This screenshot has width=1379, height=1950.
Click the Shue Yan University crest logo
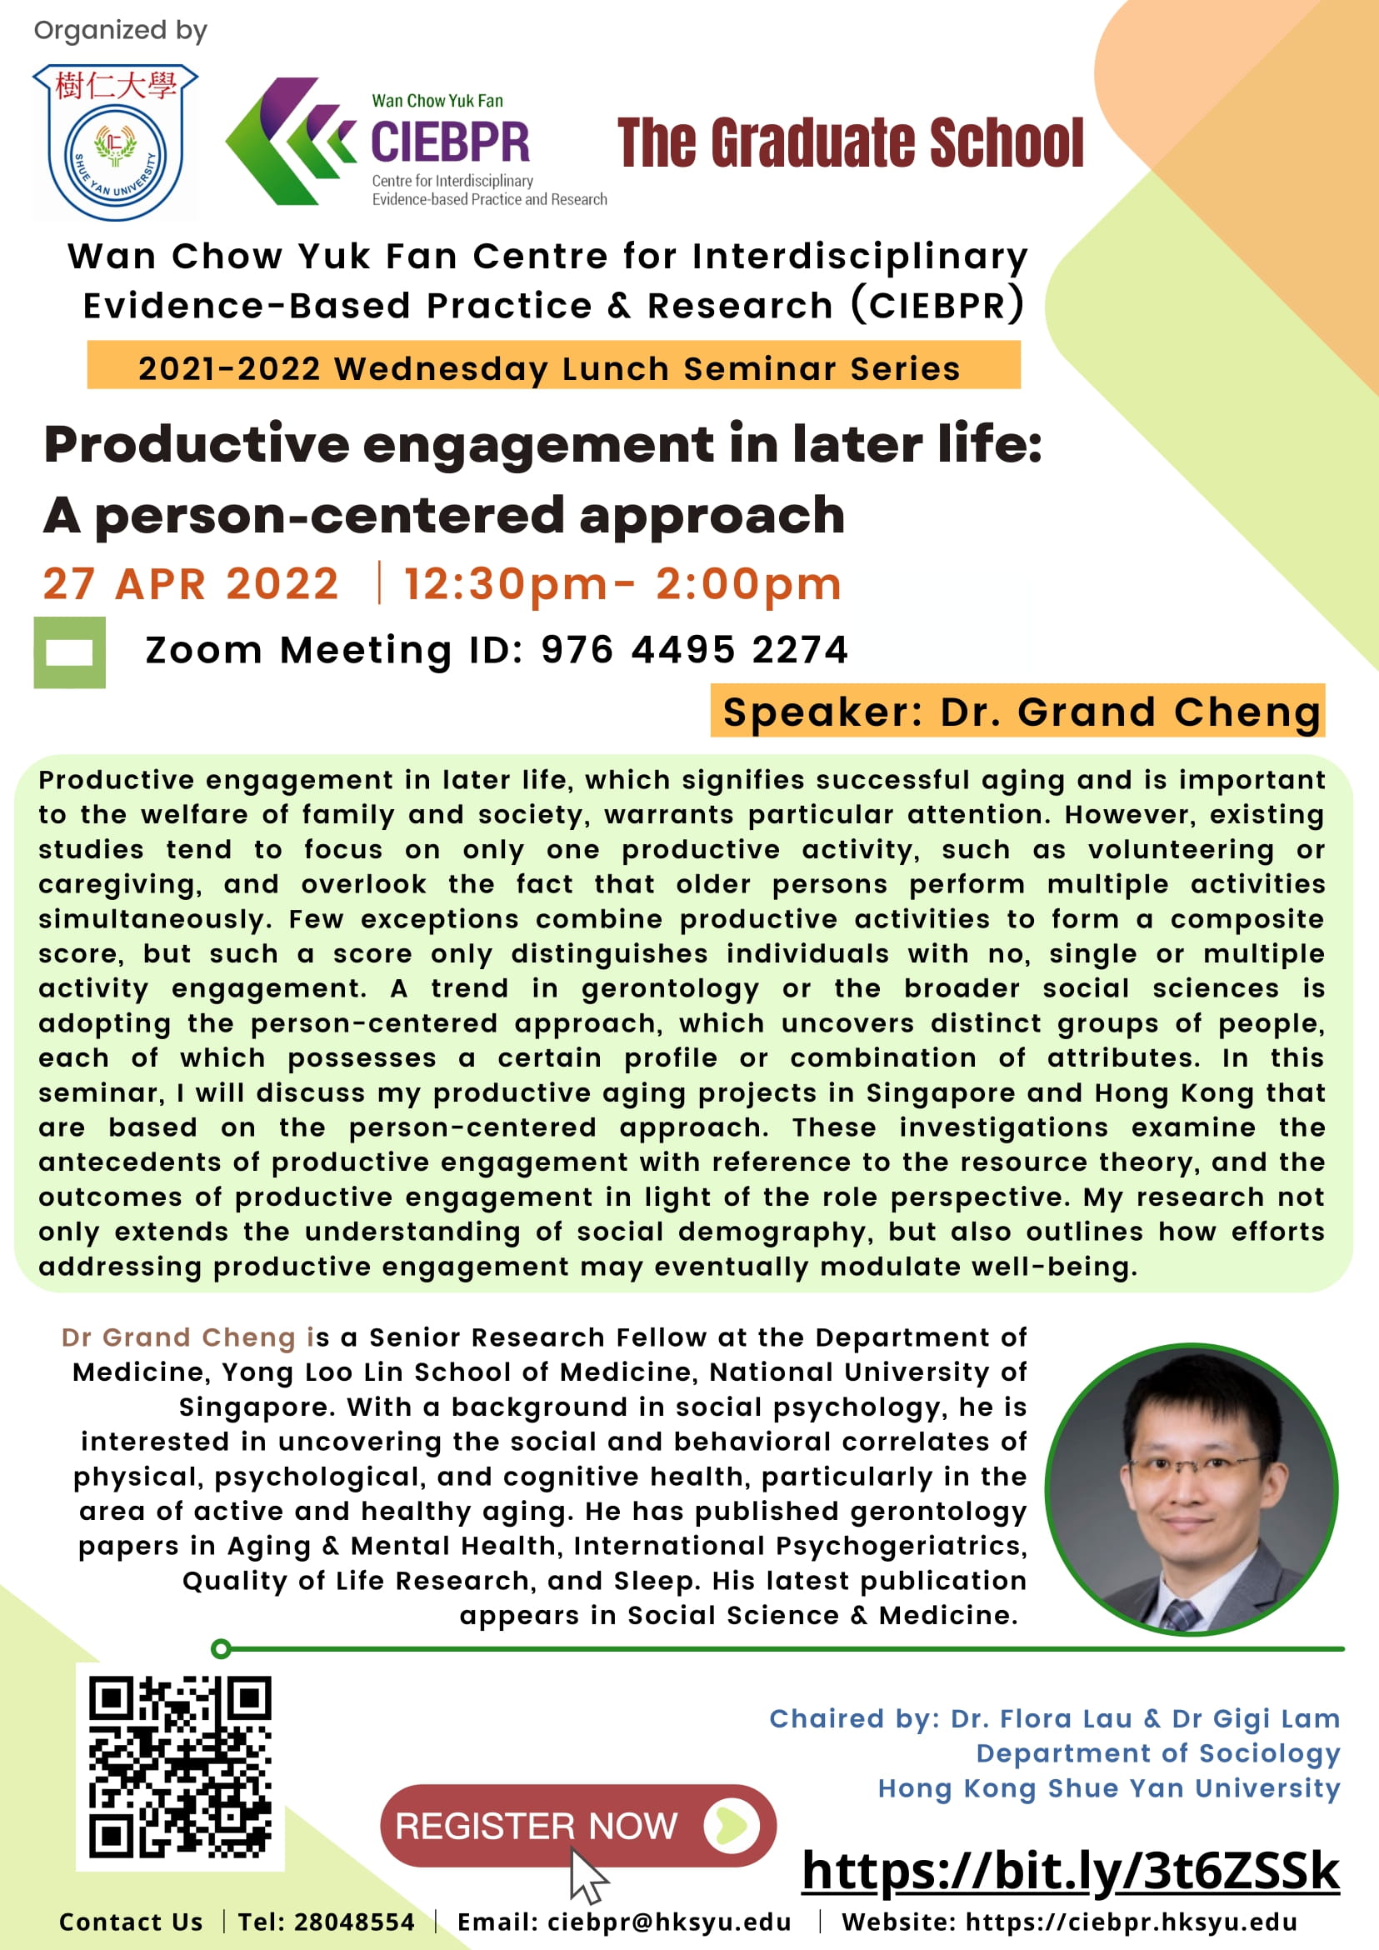tap(116, 142)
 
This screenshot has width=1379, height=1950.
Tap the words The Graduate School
tap(850, 142)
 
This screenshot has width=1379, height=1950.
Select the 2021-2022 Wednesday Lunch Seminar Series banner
tap(553, 365)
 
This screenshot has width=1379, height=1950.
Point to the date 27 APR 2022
tap(191, 584)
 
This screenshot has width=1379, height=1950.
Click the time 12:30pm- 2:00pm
tap(622, 584)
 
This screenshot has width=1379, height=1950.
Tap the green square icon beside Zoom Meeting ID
tap(70, 652)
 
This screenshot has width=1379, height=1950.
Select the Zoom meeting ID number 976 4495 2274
tap(695, 650)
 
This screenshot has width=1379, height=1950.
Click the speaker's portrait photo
tap(1192, 1489)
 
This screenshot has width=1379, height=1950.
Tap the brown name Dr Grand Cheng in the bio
tap(178, 1337)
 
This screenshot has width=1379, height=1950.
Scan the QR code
tap(180, 1767)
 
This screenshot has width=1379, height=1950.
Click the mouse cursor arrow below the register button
tap(587, 1877)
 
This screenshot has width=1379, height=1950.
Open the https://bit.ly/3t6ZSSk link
tap(1071, 1870)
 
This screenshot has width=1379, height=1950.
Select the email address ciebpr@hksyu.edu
tap(669, 1922)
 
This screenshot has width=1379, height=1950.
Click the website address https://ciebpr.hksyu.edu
tap(1131, 1922)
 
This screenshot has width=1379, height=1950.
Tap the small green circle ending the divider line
tap(221, 1648)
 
